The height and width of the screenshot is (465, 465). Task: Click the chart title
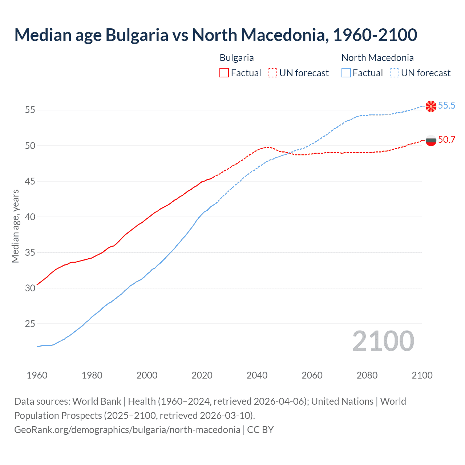tap(215, 35)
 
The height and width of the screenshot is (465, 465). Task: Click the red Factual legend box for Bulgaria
tap(224, 73)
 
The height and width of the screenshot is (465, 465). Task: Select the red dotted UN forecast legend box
tap(272, 73)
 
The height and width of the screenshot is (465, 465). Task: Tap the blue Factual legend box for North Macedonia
tap(346, 73)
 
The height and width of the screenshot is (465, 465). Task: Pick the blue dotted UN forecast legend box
tap(394, 73)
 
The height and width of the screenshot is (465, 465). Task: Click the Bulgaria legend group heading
tap(236, 58)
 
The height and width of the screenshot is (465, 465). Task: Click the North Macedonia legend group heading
tap(377, 58)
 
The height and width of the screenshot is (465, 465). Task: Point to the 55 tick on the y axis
tap(30, 110)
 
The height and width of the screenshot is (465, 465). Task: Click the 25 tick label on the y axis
tap(30, 324)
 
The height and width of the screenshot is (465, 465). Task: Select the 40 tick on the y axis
tap(30, 217)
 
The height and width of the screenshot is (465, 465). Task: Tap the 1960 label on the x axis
tap(37, 375)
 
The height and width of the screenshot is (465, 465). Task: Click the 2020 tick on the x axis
tap(202, 375)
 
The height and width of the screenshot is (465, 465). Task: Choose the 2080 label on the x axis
tap(367, 375)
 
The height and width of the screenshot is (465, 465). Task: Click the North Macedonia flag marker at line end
tap(431, 106)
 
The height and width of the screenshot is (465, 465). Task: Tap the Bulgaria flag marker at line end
tap(431, 140)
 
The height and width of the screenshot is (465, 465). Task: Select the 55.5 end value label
tap(446, 106)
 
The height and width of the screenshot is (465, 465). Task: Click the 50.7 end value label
tap(446, 140)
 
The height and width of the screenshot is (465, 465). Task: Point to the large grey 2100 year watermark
tap(383, 341)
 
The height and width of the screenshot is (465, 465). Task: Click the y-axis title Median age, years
tap(15, 226)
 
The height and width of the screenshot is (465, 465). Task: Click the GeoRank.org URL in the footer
tap(127, 430)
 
